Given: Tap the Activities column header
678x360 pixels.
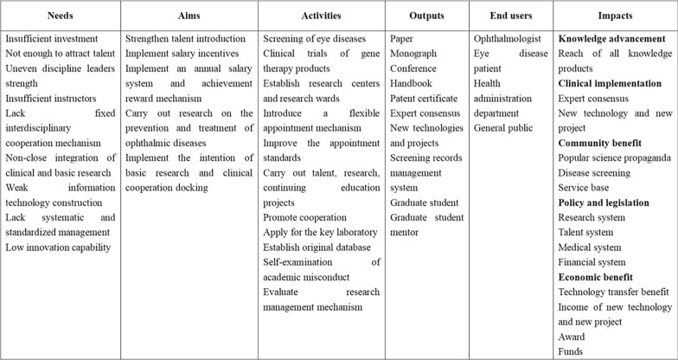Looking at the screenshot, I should [x=321, y=16].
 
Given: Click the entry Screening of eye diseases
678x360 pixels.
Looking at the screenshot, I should [x=315, y=40].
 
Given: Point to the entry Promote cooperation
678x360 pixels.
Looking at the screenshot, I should [x=304, y=217].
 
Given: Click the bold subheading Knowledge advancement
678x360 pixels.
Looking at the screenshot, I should [x=611, y=40].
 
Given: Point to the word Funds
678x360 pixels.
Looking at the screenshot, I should [x=571, y=351].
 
